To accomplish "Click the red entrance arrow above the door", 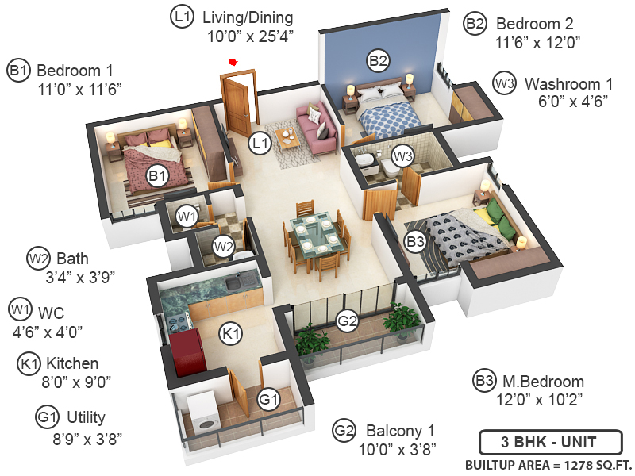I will pos(233,61).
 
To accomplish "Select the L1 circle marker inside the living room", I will pos(259,143).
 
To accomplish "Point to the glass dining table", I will pos(314,235).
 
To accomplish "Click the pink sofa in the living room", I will pos(314,123).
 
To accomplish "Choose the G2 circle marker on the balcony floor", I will pos(347,321).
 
